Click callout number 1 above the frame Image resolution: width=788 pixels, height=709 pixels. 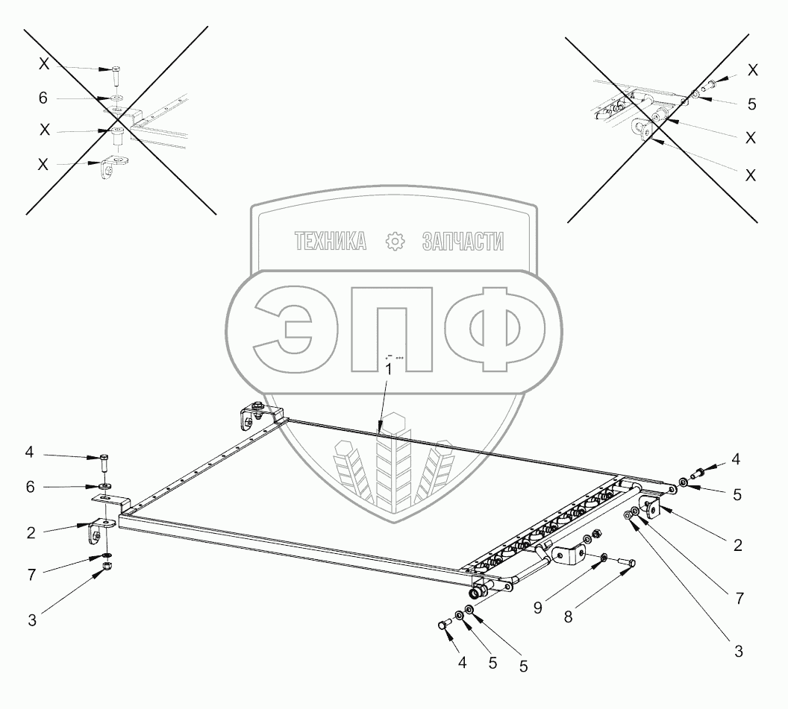pyautogui.click(x=388, y=369)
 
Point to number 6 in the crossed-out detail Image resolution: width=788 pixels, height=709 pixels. pyautogui.click(x=44, y=98)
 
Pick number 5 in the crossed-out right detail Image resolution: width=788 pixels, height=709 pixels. pyautogui.click(x=751, y=104)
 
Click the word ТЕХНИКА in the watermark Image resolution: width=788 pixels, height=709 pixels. pyautogui.click(x=331, y=241)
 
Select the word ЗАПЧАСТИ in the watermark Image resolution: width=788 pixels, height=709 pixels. pyautogui.click(x=463, y=241)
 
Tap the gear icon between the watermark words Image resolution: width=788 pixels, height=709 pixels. pyautogui.click(x=395, y=241)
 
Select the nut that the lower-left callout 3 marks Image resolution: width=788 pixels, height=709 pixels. pyautogui.click(x=107, y=570)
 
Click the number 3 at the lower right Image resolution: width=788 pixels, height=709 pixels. pyautogui.click(x=738, y=651)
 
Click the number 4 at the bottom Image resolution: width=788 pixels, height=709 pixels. pyautogui.click(x=462, y=661)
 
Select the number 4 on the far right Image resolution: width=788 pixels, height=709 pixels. pyautogui.click(x=737, y=459)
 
